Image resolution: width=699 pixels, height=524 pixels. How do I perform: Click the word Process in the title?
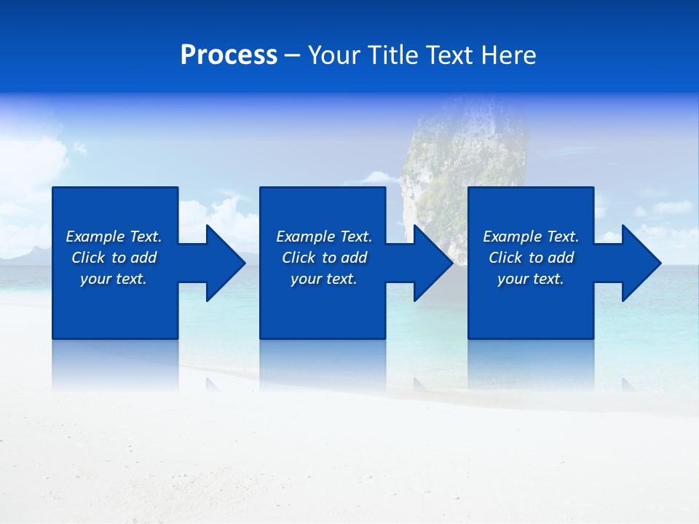point(229,55)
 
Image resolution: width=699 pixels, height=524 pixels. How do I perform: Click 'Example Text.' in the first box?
point(114,237)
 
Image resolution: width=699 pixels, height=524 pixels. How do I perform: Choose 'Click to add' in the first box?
point(114,258)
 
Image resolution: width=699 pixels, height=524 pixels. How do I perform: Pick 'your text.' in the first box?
point(114,279)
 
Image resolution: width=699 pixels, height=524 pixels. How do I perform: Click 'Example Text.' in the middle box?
point(324,237)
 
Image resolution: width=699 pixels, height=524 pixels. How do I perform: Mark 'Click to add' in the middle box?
point(324,258)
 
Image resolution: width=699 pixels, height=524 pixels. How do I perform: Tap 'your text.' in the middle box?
point(324,279)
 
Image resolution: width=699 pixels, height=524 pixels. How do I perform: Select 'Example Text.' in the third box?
point(531,237)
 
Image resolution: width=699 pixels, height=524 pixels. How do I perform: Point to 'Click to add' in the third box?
point(531,258)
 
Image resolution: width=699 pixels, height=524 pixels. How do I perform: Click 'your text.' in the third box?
point(531,279)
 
